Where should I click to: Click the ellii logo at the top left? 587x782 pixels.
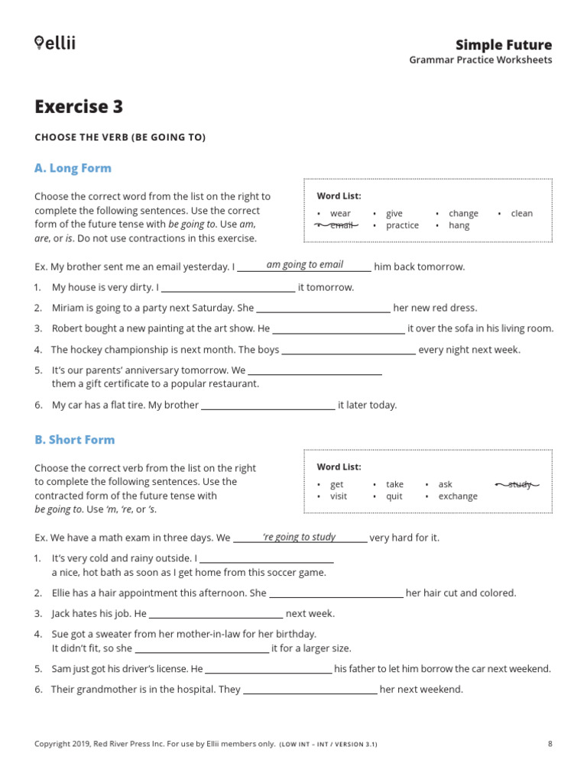tap(55, 43)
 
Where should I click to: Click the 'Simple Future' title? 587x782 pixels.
tap(503, 44)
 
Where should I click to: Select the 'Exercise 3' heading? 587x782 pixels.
tap(79, 107)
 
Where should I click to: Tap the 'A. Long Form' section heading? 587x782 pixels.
tap(73, 168)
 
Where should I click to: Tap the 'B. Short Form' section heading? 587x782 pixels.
tap(74, 440)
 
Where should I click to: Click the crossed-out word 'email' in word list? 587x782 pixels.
tap(341, 225)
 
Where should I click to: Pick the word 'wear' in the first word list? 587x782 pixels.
tap(340, 214)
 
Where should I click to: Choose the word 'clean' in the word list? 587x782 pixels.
tap(521, 214)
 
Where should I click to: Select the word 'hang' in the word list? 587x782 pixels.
tap(459, 225)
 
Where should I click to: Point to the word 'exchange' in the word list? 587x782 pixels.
tap(457, 496)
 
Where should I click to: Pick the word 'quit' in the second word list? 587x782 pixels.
tap(394, 496)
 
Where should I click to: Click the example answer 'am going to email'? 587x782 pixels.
tap(304, 265)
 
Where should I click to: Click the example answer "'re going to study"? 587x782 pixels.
tap(299, 537)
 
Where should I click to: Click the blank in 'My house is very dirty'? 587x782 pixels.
tap(228, 289)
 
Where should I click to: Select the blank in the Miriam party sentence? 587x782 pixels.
tap(323, 309)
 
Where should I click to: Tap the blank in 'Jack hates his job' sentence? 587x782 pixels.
tap(216, 614)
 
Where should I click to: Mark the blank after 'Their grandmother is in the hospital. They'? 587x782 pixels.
tap(310, 690)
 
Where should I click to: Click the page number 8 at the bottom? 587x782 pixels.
tap(550, 744)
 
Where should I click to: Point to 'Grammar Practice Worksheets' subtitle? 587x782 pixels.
tap(480, 60)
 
